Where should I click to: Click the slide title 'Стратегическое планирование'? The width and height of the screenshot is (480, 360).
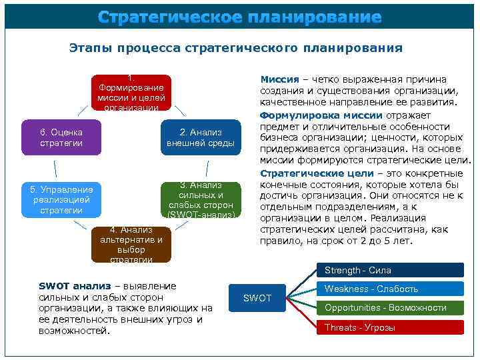tap(239, 17)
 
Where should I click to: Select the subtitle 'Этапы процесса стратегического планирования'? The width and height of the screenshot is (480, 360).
tap(236, 48)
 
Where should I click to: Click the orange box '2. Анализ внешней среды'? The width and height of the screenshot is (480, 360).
tap(200, 137)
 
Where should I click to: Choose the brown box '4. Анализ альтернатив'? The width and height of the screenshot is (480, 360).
tap(131, 244)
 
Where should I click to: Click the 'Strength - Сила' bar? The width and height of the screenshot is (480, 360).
tap(389, 270)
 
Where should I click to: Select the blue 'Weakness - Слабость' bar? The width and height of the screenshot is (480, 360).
tap(389, 289)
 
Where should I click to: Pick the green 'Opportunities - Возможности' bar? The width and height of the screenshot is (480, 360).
tap(389, 307)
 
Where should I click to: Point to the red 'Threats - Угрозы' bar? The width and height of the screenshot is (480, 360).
tap(389, 327)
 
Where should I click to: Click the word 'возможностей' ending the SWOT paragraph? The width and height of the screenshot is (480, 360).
tap(74, 331)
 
